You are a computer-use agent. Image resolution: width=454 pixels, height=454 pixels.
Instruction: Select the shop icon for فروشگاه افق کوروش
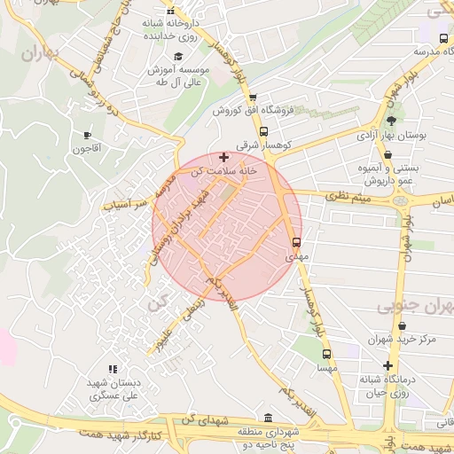pos(253,98)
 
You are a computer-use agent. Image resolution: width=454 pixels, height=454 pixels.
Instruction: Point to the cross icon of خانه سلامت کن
pos(223,157)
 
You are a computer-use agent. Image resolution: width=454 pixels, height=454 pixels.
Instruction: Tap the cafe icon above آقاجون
pos(87,136)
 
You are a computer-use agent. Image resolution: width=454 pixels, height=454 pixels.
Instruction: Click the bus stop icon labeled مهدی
pos(296,241)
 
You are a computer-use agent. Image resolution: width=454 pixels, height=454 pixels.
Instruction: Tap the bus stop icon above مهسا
pos(327,352)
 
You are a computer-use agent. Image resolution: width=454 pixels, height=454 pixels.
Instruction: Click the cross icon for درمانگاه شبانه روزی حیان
pos(387,365)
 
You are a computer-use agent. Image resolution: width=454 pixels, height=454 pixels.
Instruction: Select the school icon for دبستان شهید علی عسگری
pos(113,369)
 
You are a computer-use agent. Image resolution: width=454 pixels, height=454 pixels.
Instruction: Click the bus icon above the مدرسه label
pos(443,39)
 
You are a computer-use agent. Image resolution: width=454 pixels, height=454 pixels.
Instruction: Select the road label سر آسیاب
pos(125,204)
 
